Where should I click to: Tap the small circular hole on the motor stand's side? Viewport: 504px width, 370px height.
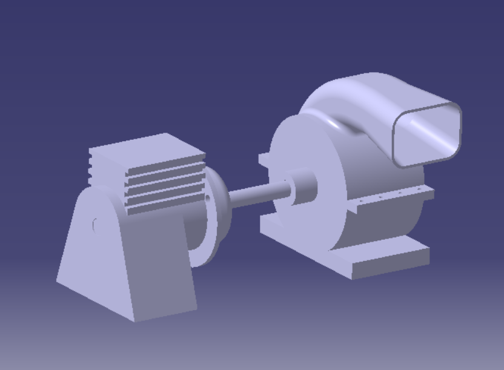tap(95, 225)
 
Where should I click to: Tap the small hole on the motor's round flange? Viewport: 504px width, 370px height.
tap(207, 197)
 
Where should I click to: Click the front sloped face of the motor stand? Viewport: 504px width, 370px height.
tap(161, 266)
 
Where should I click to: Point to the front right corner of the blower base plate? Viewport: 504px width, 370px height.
tap(429, 260)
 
